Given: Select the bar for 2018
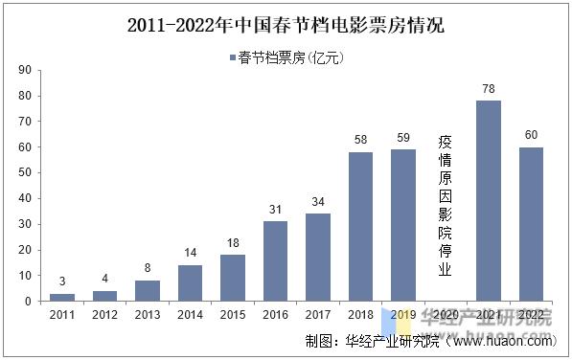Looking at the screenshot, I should click(x=360, y=227).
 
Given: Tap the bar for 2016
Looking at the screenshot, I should click(x=275, y=261).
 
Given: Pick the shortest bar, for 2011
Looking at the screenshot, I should click(x=62, y=297).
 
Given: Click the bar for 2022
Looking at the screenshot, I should click(x=530, y=224).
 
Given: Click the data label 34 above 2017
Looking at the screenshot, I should click(x=317, y=202).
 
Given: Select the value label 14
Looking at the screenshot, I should click(x=190, y=254).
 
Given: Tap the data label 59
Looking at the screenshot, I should click(x=402, y=139).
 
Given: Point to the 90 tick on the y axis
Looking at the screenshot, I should click(x=25, y=70).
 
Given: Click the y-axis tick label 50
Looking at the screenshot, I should click(x=25, y=172).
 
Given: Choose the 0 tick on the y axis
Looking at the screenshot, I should click(x=29, y=301).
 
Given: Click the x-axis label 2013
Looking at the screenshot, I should click(x=148, y=314).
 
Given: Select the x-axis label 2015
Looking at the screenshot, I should click(x=233, y=314).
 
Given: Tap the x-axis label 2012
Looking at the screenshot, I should click(x=104, y=314).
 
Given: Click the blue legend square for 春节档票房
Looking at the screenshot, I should click(x=233, y=58).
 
